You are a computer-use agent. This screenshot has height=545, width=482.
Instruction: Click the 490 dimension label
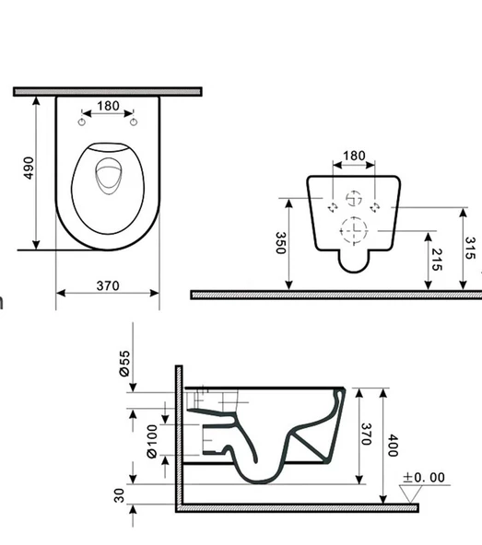click(29, 168)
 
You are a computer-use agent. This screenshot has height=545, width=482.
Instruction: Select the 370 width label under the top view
click(108, 285)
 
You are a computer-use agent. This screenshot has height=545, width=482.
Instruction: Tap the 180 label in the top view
click(108, 106)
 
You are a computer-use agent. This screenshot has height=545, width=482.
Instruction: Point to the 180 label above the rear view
click(354, 156)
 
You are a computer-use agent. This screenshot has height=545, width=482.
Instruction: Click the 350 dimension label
click(280, 243)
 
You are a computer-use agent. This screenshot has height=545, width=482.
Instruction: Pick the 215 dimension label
click(437, 260)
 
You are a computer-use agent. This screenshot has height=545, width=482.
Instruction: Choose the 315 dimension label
click(470, 249)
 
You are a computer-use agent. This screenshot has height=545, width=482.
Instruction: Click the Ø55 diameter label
click(124, 364)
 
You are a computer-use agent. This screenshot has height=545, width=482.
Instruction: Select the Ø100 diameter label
click(152, 441)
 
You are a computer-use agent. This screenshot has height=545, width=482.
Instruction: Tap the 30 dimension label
click(119, 495)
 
